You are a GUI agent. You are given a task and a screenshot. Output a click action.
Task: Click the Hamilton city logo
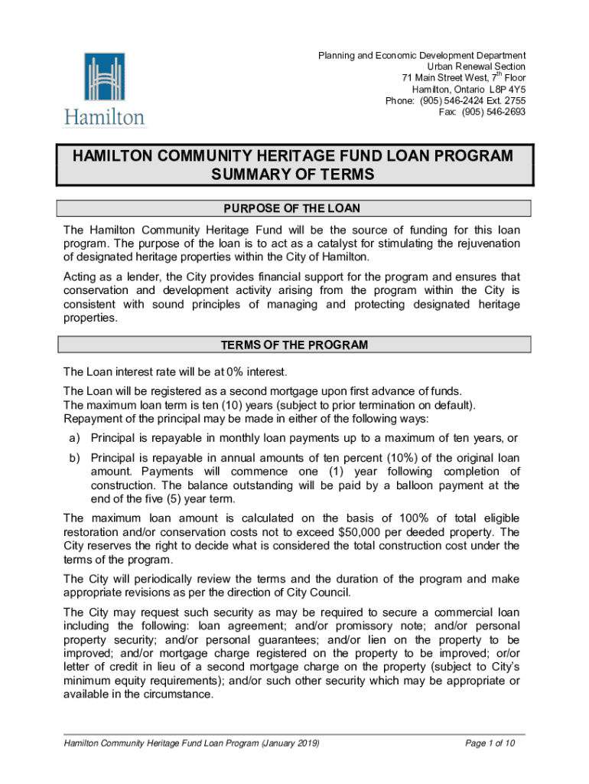[x=104, y=89]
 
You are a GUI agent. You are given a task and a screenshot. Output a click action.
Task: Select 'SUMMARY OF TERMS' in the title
[x=293, y=175]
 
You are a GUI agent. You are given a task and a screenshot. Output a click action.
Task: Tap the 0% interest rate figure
[x=229, y=372]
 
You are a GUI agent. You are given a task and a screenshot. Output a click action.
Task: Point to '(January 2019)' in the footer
[x=290, y=743]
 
